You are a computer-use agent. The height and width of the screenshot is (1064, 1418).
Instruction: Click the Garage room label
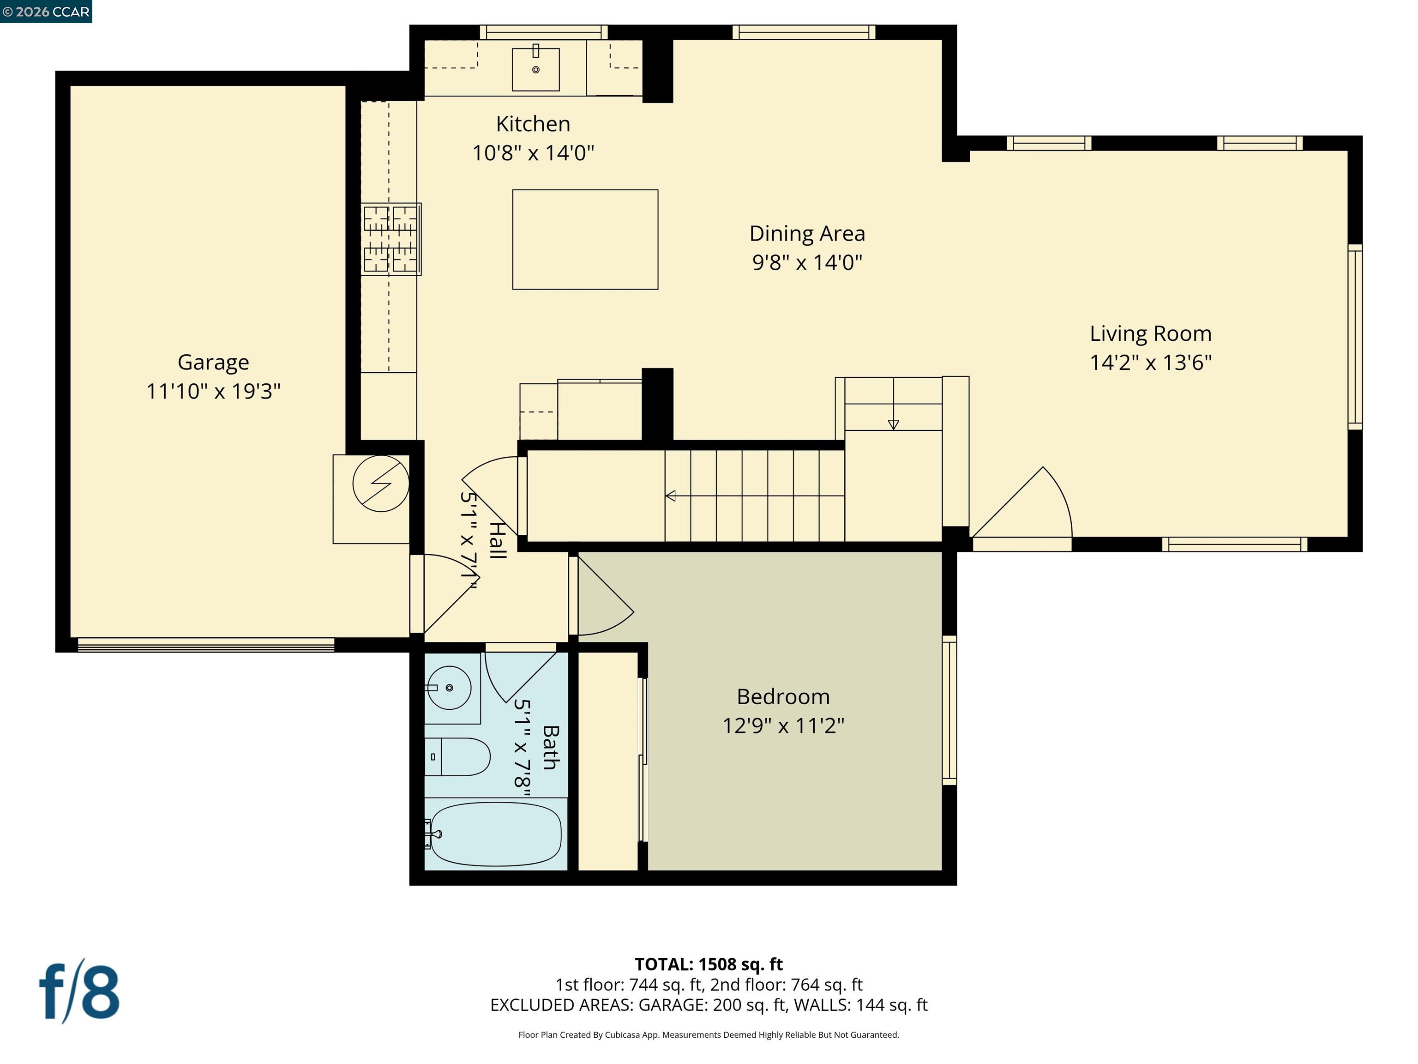tap(213, 363)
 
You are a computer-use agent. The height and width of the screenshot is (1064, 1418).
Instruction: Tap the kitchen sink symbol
tap(535, 69)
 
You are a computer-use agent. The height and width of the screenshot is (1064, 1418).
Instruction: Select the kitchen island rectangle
tap(585, 239)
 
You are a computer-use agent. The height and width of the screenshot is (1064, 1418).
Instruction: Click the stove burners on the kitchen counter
tap(391, 239)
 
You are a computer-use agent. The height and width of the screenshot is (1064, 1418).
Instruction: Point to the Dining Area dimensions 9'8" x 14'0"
tap(806, 262)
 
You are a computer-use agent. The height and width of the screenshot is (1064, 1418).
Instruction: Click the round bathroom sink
tap(450, 688)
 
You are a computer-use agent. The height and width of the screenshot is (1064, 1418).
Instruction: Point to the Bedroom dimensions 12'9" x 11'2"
tap(783, 726)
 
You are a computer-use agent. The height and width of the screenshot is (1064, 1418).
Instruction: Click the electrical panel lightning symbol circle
tap(381, 484)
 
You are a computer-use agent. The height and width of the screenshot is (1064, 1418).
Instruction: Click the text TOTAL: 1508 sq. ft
tap(709, 964)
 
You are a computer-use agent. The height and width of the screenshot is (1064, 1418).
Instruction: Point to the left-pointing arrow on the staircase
tap(671, 495)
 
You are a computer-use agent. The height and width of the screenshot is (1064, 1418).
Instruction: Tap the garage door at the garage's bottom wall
tap(206, 645)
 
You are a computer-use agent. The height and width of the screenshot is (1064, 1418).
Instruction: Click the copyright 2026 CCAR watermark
tap(46, 12)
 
